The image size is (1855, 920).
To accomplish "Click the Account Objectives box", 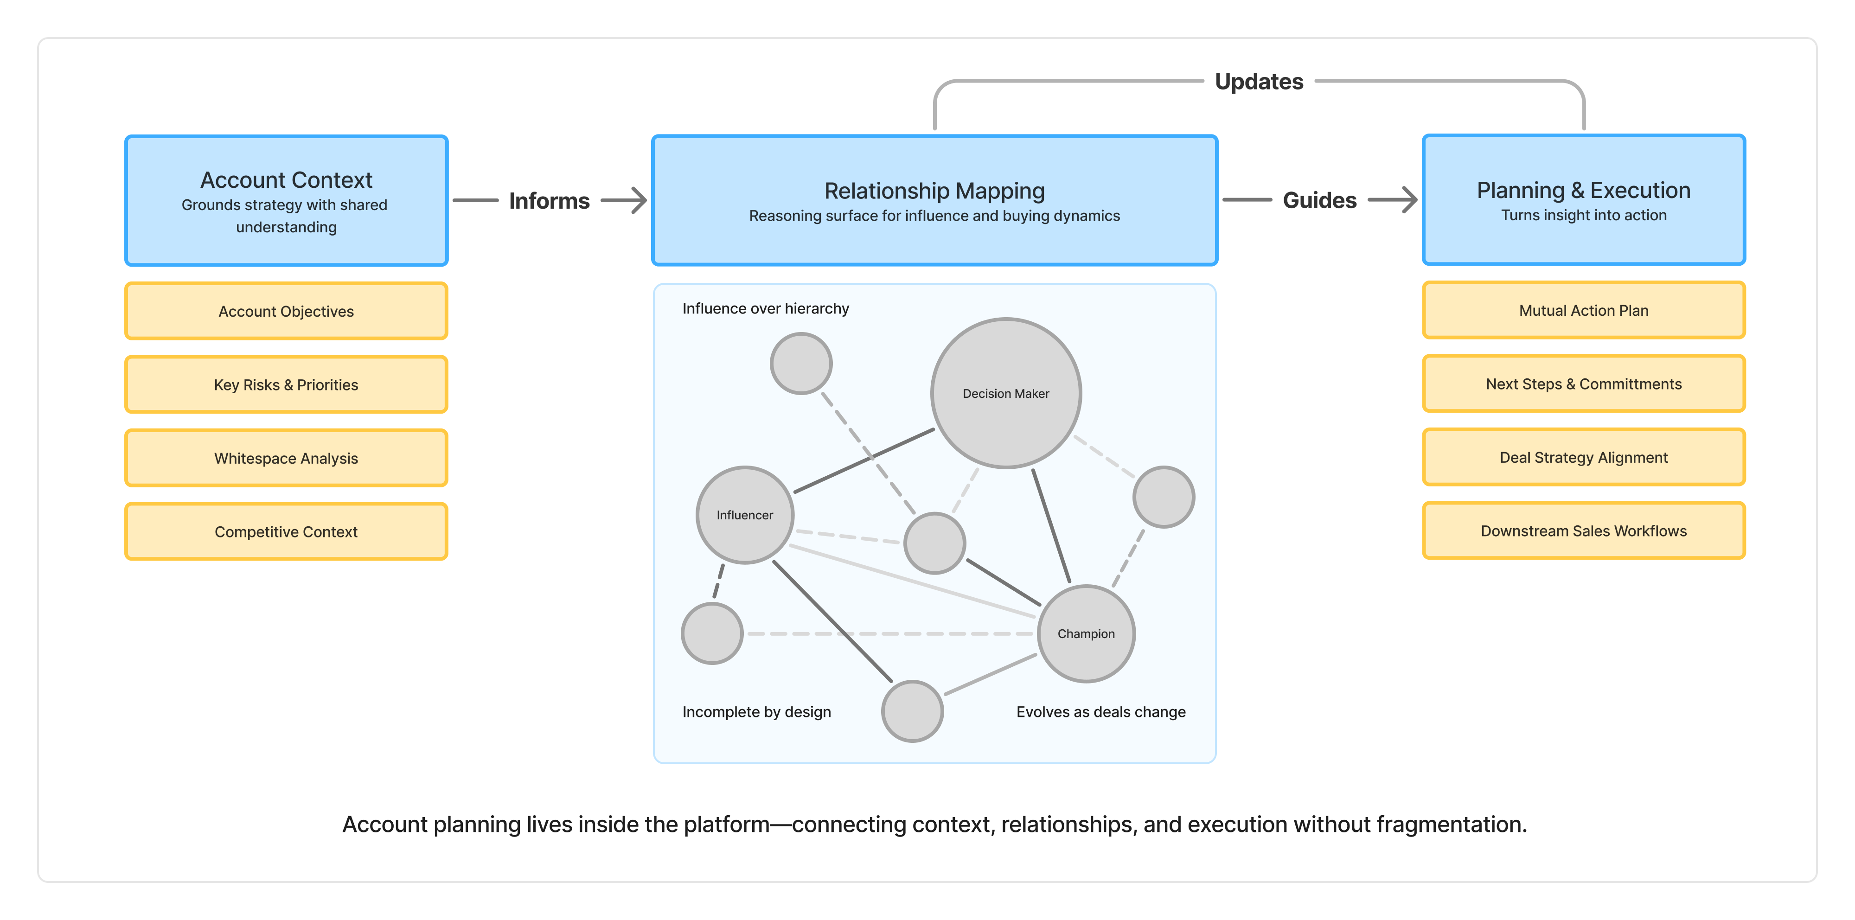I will point(286,311).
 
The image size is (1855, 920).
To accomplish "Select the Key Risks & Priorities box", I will point(286,384).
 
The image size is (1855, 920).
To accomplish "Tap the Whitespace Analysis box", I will point(286,458).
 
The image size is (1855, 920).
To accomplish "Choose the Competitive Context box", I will point(286,531).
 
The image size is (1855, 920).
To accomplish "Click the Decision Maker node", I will point(1005,393).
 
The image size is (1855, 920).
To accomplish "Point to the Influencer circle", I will point(745,515).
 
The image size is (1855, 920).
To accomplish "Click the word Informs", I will point(549,201).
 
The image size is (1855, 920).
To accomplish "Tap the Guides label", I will point(1319,200).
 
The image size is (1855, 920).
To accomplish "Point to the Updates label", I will point(1259,81).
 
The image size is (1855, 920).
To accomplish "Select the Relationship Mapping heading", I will point(934,191).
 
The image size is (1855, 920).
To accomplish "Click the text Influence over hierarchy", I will point(766,308).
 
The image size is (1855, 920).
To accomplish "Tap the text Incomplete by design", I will point(756,711).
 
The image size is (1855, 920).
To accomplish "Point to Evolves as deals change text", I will point(1100,711).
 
